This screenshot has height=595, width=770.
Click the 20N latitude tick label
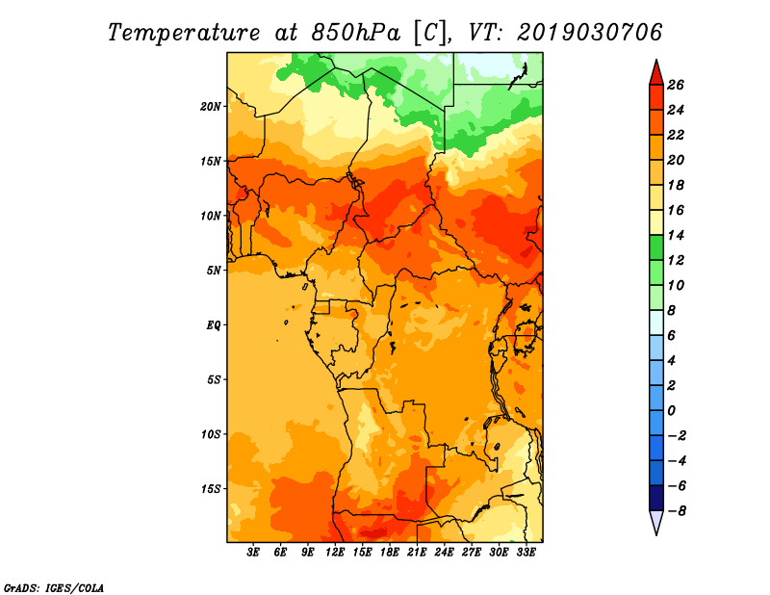point(211,107)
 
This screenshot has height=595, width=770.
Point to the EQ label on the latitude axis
point(214,325)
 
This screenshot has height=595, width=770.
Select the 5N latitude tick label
point(214,271)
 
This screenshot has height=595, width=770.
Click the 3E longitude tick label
point(253,553)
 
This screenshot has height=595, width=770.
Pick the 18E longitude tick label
point(390,553)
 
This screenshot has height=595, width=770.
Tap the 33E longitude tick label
point(526,553)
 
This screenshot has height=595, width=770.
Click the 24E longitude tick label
point(444,553)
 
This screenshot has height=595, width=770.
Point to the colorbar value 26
point(676,85)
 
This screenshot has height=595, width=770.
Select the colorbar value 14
point(676,235)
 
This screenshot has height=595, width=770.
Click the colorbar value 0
point(671,411)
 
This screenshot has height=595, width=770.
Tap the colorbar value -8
point(677,511)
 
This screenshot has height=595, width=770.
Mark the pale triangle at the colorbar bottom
point(656,522)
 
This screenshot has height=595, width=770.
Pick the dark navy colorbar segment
point(656,498)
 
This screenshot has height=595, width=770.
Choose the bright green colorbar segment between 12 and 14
point(656,247)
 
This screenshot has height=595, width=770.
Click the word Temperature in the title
point(184,33)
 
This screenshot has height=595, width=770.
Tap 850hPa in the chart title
point(356,33)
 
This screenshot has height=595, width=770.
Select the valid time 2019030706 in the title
point(589,33)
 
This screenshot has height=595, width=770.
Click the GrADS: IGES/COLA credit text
point(54,587)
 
